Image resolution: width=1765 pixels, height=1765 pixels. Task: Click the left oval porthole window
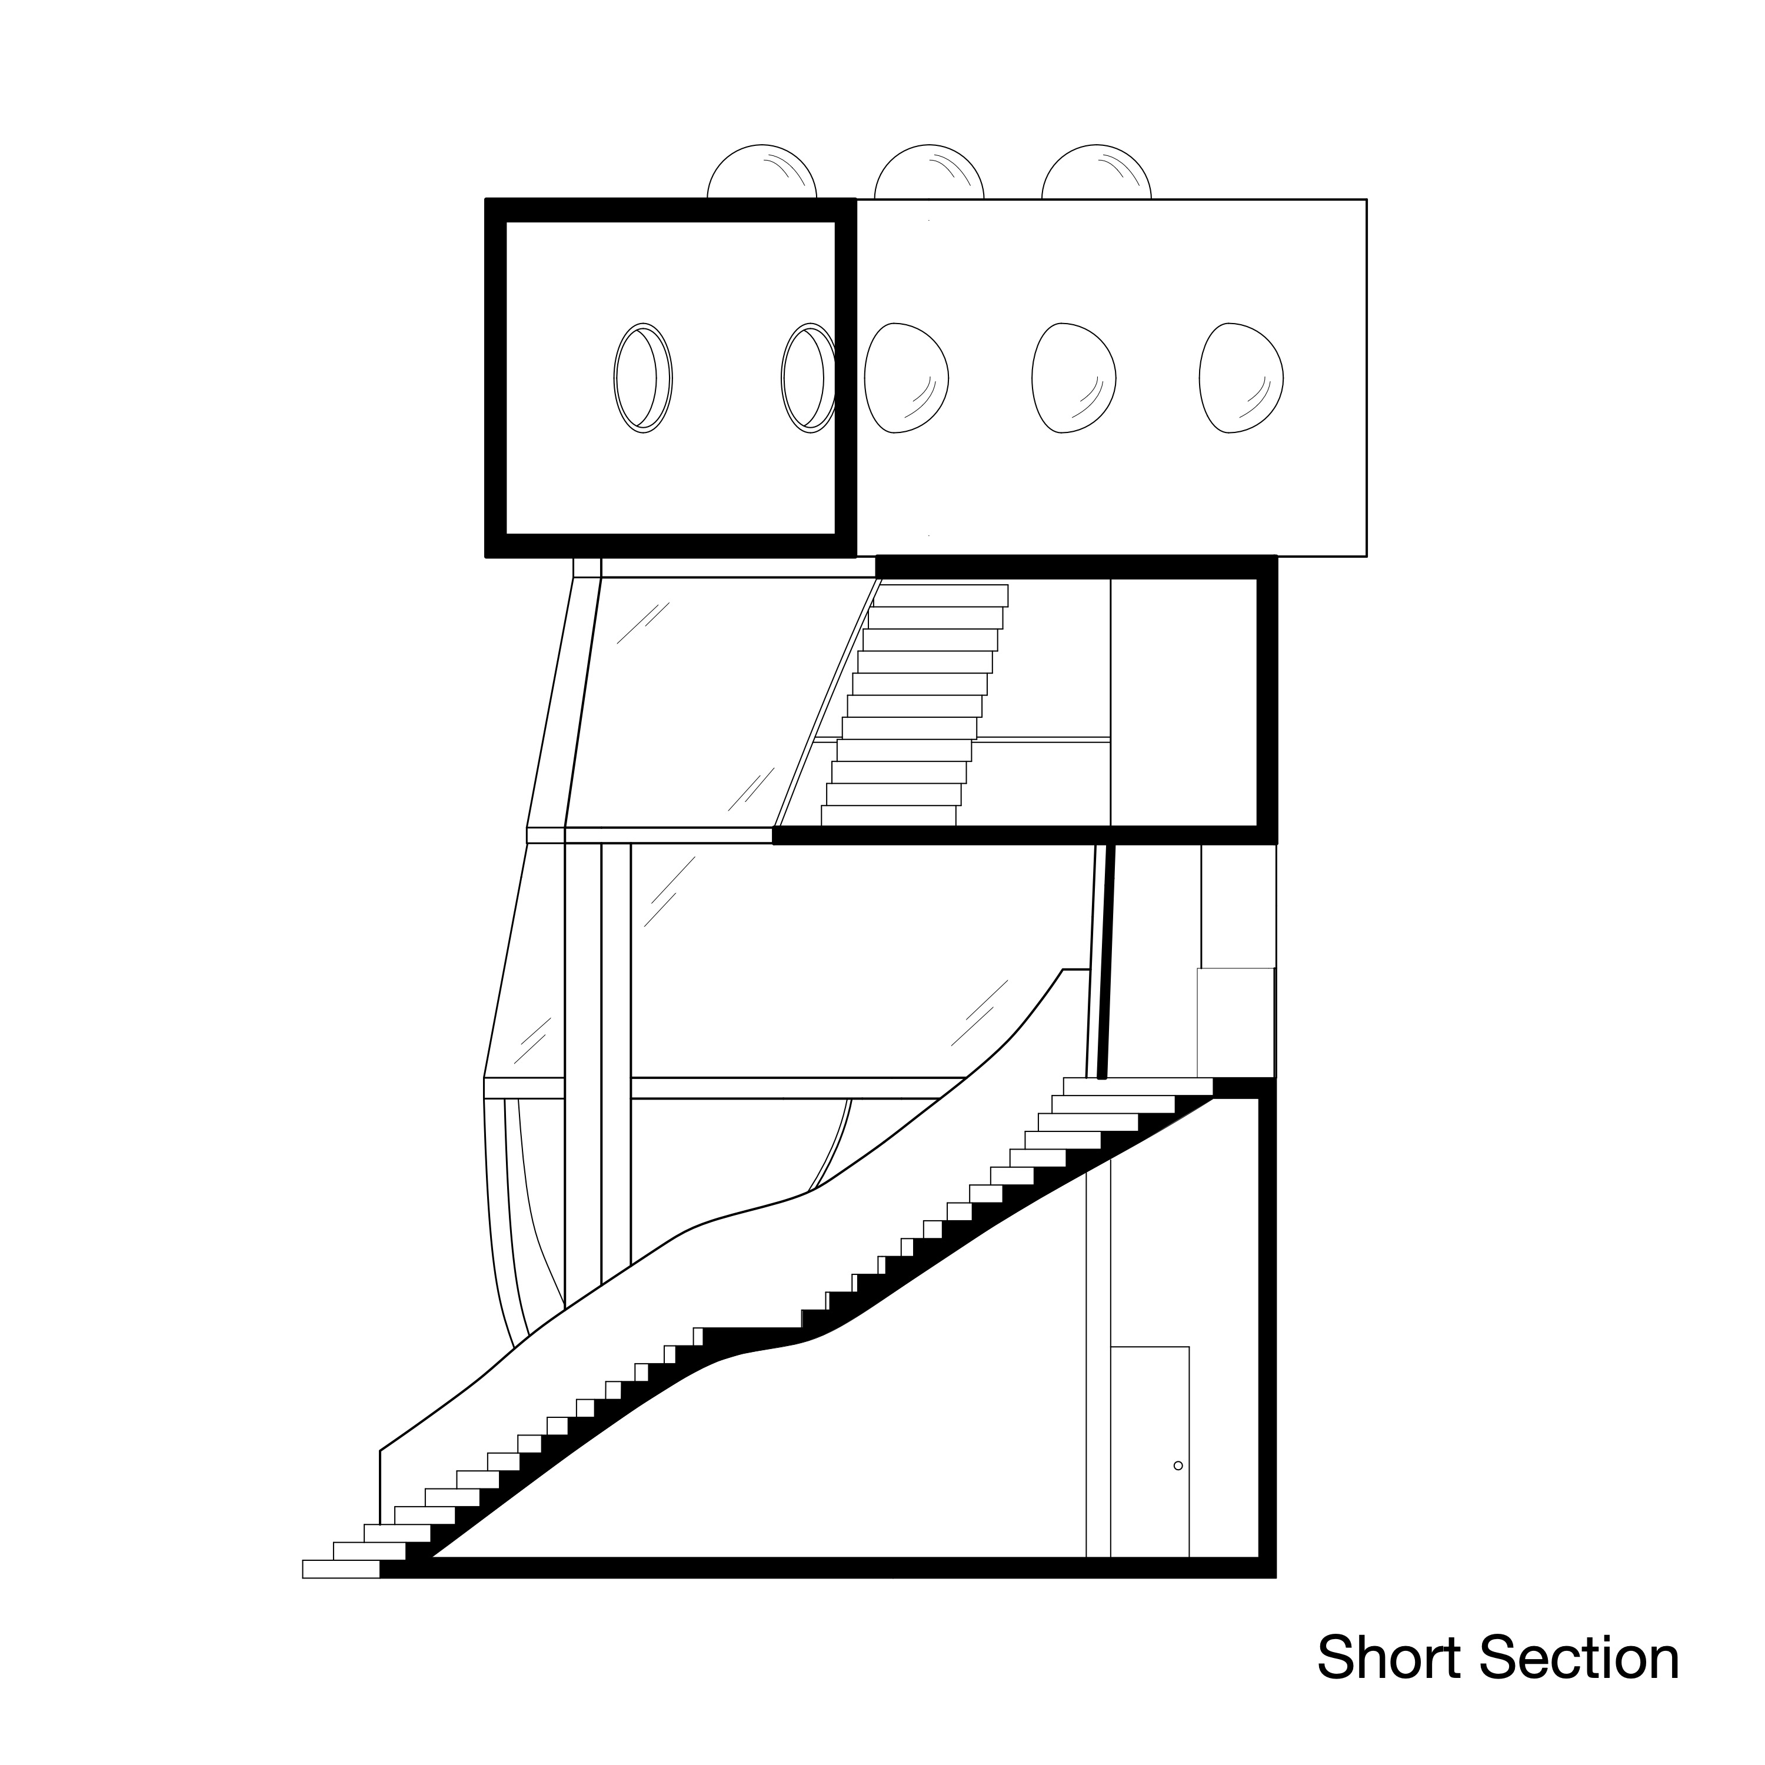click(x=642, y=377)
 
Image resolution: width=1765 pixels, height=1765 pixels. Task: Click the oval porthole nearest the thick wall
click(x=808, y=377)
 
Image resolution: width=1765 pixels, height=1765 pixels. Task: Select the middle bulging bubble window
click(x=1074, y=377)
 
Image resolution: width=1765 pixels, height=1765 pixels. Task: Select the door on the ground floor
click(x=1149, y=1453)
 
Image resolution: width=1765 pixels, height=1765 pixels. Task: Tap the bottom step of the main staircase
click(x=340, y=1568)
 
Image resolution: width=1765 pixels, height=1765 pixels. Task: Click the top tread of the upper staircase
click(x=941, y=595)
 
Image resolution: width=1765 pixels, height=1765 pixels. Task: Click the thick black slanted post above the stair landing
click(x=1106, y=961)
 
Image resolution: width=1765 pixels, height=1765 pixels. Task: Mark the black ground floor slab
click(x=822, y=1568)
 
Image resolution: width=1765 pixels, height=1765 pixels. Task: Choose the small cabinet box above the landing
click(x=1235, y=1023)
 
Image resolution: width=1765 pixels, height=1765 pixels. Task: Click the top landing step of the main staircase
click(x=1137, y=1086)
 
